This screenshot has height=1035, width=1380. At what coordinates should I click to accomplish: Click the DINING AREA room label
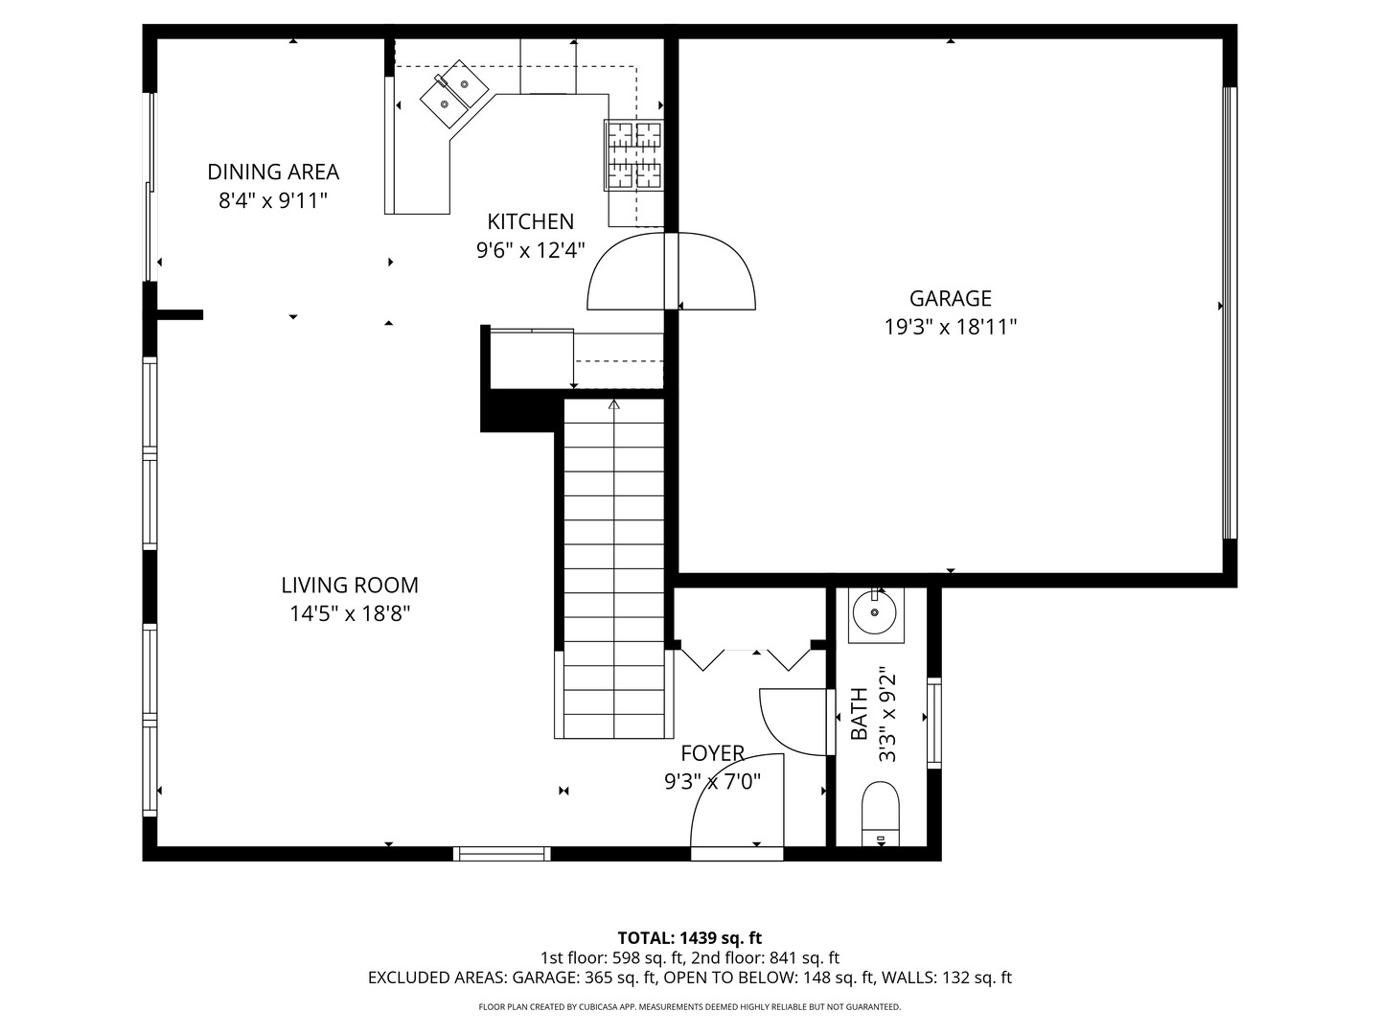click(273, 172)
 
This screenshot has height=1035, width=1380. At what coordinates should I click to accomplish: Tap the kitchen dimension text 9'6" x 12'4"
click(531, 251)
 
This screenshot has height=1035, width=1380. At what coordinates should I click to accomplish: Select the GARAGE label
click(950, 298)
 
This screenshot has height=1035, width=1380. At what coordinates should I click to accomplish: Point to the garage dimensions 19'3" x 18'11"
click(950, 328)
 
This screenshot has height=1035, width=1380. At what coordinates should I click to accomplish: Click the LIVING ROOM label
click(350, 585)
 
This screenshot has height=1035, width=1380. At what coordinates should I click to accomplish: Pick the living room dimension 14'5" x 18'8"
click(350, 614)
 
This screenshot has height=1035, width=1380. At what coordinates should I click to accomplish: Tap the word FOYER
click(712, 753)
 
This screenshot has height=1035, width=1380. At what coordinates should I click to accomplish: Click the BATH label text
click(859, 714)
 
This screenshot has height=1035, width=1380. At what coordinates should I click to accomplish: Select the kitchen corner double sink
click(454, 94)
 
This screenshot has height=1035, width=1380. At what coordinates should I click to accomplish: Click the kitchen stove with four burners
click(633, 155)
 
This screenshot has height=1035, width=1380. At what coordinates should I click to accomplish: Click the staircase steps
click(613, 568)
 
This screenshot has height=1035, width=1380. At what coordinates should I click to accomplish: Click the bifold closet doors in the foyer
click(746, 660)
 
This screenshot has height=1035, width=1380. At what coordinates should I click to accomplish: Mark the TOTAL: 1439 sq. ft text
click(690, 938)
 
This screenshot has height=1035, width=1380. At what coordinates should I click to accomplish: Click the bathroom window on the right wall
click(934, 723)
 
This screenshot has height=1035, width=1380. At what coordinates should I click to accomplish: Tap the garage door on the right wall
click(1230, 313)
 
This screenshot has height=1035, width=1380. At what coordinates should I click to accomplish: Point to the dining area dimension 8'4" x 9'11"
click(273, 201)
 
